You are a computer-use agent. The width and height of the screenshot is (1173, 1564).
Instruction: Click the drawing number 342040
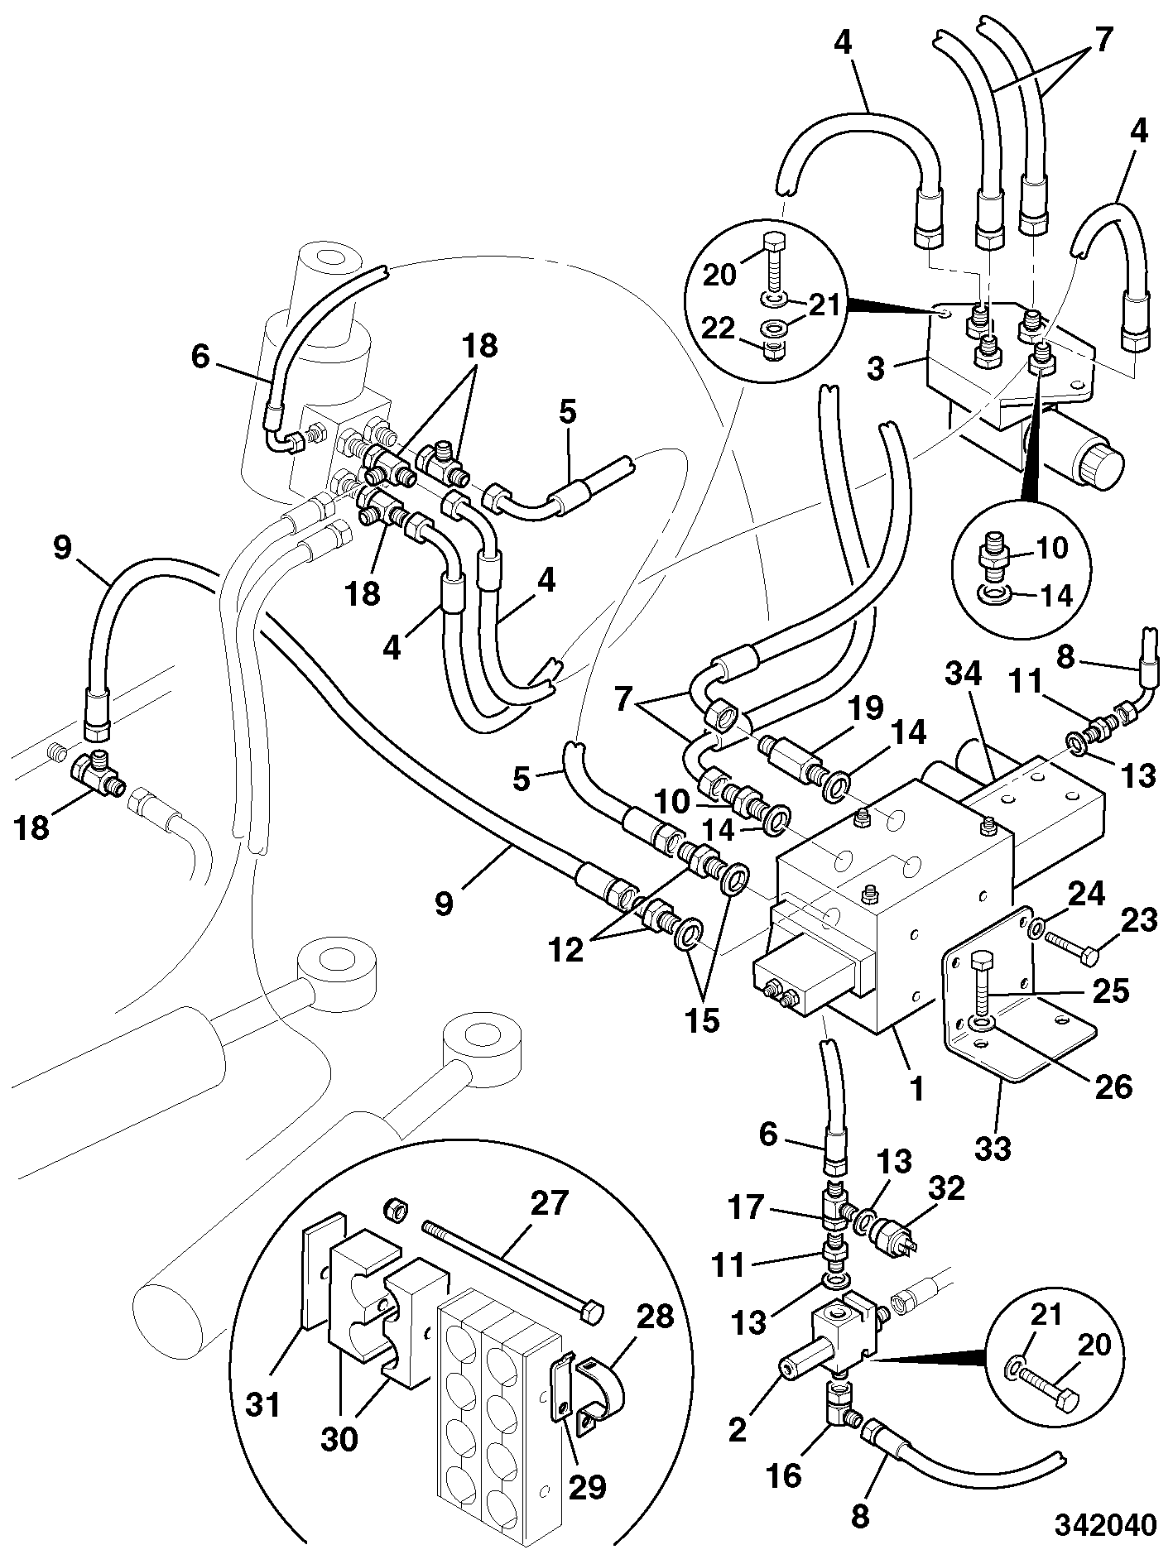point(1104,1525)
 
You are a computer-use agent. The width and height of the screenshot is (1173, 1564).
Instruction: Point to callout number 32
point(947,1189)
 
